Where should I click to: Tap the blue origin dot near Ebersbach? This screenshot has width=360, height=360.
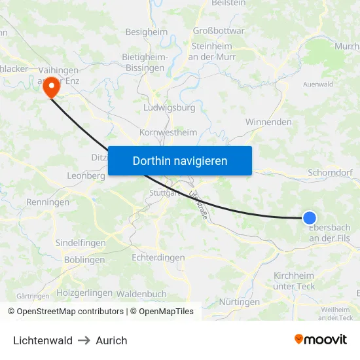tap(310, 218)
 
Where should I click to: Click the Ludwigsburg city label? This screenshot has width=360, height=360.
tap(169, 107)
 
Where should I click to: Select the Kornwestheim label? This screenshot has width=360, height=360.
tap(168, 132)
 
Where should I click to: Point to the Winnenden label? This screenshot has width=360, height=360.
tap(268, 122)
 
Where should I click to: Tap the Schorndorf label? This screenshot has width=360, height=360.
tap(330, 173)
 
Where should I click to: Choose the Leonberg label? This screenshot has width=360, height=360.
tap(86, 176)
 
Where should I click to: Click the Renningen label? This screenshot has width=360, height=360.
tap(48, 202)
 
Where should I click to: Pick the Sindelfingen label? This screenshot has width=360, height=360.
tap(81, 243)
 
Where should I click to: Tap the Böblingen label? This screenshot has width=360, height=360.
tap(84, 260)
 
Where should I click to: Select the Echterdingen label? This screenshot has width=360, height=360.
tap(158, 258)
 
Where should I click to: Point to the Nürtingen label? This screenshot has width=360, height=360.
tap(240, 302)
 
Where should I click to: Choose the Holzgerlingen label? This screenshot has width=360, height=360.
tap(84, 293)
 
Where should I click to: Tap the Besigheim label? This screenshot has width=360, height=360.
tap(147, 31)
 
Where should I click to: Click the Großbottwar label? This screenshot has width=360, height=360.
tap(219, 30)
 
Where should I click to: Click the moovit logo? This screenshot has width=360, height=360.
tap(321, 339)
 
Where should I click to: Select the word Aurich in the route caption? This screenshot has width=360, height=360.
tap(111, 340)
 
